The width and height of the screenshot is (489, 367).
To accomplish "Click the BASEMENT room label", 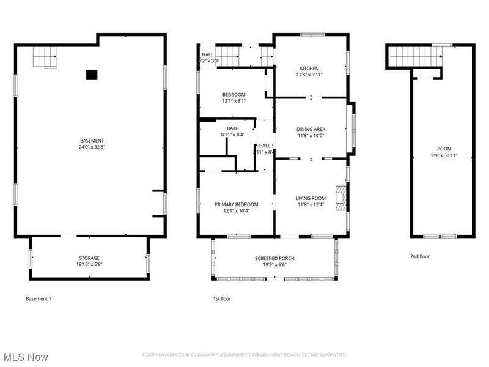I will click(x=91, y=140).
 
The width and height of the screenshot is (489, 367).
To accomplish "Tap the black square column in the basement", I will click(x=91, y=75).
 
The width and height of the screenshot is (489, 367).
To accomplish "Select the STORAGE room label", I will click(x=89, y=258).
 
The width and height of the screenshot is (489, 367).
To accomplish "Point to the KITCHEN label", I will click(x=309, y=68).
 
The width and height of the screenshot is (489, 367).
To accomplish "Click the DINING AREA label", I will click(x=311, y=129).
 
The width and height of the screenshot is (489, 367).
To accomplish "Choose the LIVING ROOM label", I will click(x=311, y=198).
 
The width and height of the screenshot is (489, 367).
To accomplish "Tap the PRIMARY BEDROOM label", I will click(x=236, y=204).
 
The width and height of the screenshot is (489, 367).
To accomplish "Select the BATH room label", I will click(x=233, y=128).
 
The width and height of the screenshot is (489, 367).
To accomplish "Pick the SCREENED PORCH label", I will click(x=274, y=258).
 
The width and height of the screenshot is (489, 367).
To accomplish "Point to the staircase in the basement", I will click(x=45, y=59).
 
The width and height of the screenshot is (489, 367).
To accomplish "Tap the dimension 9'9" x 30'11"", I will click(x=443, y=155).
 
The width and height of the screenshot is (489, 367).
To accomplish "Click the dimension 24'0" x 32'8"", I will click(x=91, y=147).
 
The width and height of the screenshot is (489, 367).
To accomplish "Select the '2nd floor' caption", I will click(x=419, y=256).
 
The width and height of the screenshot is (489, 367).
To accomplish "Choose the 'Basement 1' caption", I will click(x=39, y=299).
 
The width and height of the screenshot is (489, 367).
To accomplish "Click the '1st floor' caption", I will click(x=221, y=299).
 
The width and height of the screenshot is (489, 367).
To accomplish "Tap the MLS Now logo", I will click(x=26, y=356).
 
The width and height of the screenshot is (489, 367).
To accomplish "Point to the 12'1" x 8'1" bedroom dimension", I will click(x=233, y=101).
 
